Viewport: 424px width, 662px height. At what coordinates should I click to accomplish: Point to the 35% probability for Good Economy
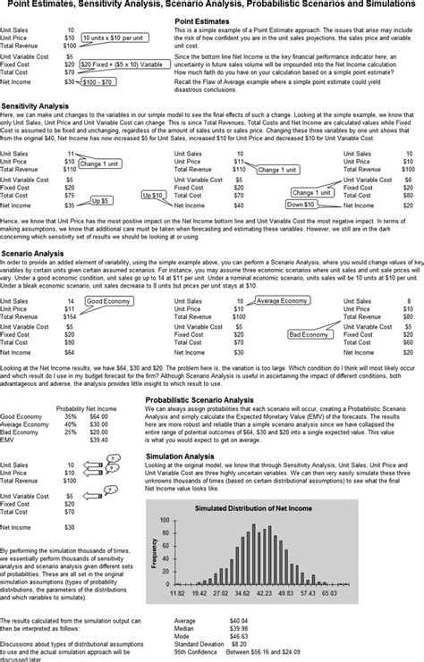[x=70, y=415]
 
